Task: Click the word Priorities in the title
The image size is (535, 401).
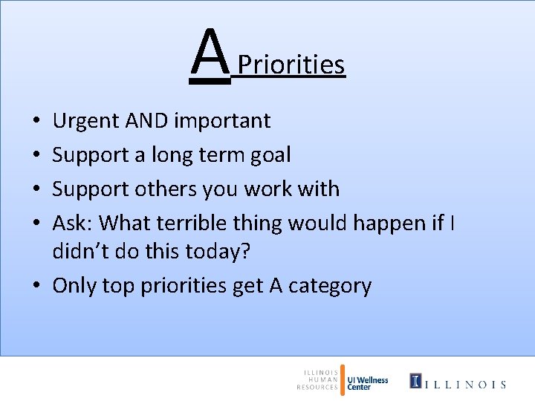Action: click(x=291, y=65)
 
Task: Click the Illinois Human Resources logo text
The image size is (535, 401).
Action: click(x=318, y=379)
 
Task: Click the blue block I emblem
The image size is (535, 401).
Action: click(x=415, y=381)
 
